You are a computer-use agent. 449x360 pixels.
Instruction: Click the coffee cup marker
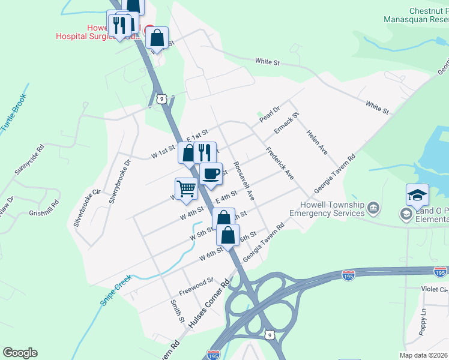[211, 174]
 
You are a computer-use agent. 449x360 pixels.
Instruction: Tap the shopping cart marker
[187, 189]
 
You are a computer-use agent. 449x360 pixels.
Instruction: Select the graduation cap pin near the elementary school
[417, 196]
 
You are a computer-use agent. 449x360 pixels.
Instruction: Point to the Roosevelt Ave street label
[245, 180]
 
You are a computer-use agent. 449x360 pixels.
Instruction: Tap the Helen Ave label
[316, 142]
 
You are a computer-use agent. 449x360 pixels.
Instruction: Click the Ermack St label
[286, 123]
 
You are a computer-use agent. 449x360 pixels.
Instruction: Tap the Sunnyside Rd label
[29, 159]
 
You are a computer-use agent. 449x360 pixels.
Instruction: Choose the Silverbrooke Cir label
[85, 207]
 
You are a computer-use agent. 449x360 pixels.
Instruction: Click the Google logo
[20, 353]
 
